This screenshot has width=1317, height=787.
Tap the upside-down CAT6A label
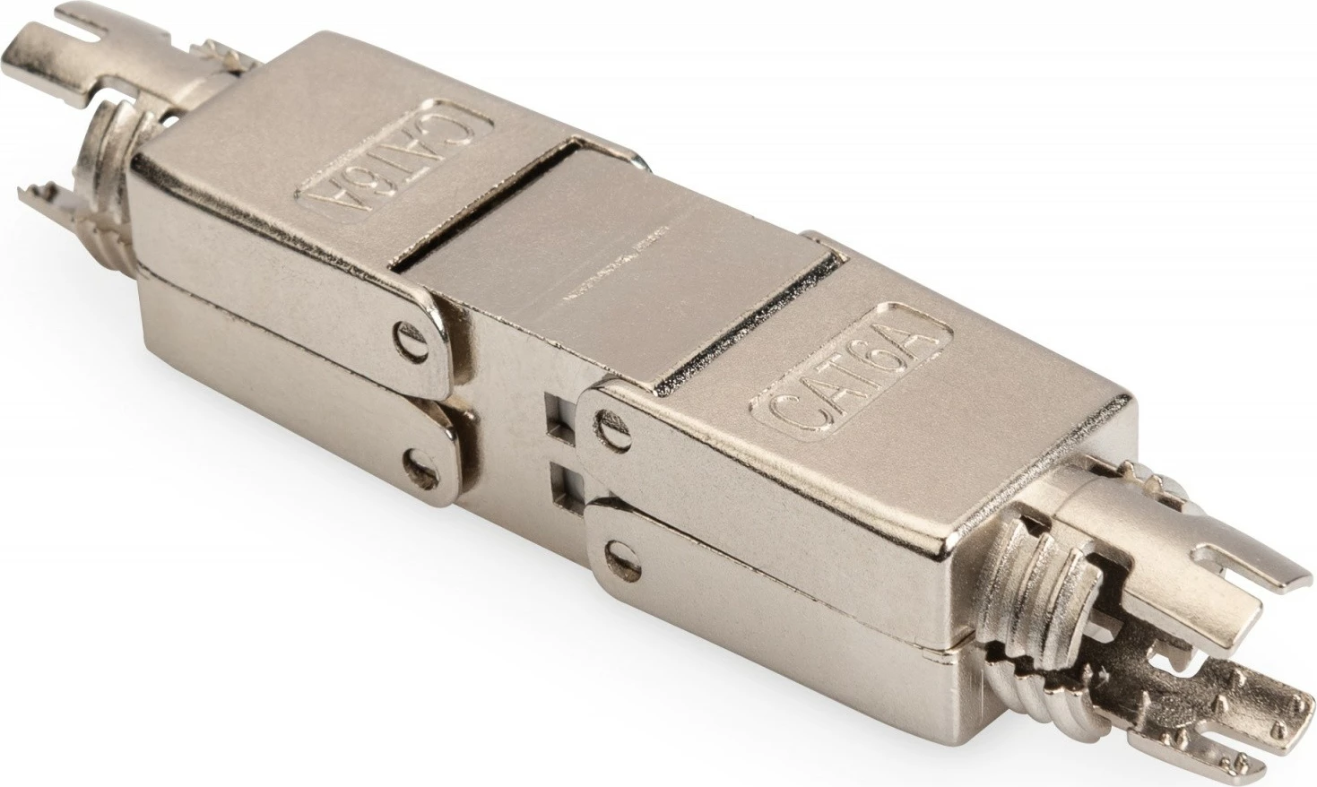[x=395, y=162]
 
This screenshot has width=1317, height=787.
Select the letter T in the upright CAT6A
[x=848, y=376]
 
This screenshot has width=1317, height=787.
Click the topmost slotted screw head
[x=409, y=339]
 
